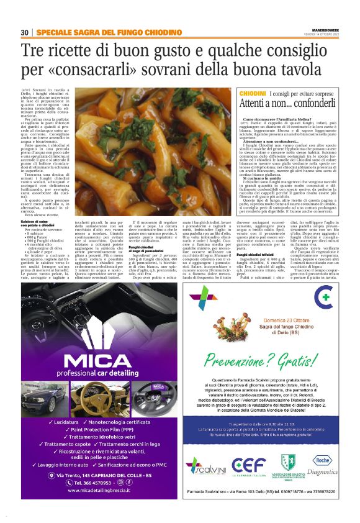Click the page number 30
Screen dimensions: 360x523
tap(24, 32)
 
